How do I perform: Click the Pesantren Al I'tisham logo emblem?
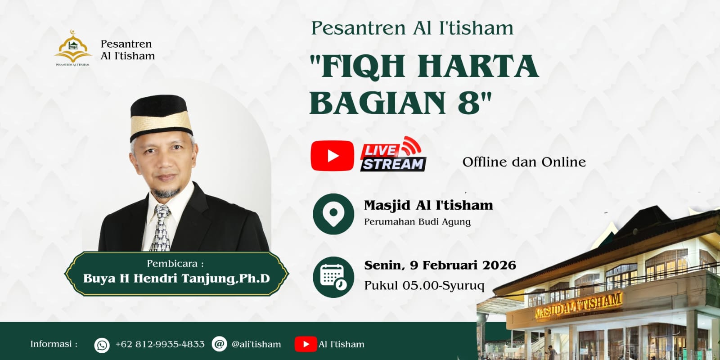tap(73, 48)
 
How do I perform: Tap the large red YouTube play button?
tap(333, 156)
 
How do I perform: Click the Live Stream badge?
tap(393, 154)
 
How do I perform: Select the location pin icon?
tap(333, 214)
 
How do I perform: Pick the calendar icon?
tap(333, 277)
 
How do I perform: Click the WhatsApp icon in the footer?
tap(102, 345)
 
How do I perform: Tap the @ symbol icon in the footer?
tap(220, 344)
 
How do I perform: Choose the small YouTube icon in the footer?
tap(306, 344)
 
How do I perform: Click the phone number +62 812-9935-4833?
tap(160, 344)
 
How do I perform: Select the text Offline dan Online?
tap(524, 162)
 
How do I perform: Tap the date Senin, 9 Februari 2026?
tap(440, 265)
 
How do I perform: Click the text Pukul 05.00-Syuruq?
tap(424, 285)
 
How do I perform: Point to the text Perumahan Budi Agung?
tap(417, 222)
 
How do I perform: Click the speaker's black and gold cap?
tap(161, 117)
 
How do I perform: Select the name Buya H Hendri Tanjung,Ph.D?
tap(176, 279)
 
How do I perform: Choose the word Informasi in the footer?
tap(54, 344)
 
